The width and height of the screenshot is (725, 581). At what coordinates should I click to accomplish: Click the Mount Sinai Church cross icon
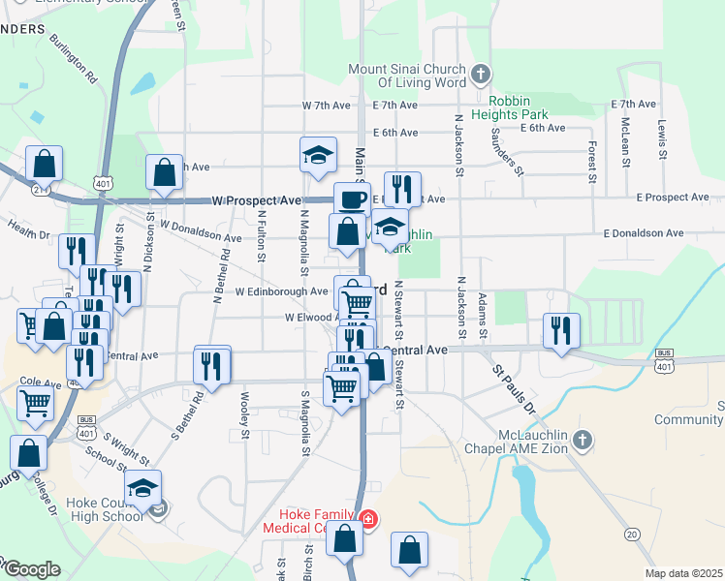480,74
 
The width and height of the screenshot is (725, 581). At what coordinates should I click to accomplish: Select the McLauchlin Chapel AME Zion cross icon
582,441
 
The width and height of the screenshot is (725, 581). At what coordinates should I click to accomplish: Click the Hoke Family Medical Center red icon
367,520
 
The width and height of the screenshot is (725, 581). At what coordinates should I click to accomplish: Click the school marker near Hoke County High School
143,487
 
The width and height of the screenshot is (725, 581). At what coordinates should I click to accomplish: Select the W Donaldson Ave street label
201,231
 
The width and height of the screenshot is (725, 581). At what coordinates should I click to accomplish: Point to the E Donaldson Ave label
643,233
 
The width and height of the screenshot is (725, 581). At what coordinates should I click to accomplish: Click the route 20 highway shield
632,534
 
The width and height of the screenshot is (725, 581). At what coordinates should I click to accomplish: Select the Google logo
31,568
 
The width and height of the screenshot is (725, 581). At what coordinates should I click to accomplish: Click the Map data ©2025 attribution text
683,573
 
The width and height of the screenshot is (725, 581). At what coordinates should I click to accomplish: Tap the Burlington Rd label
74,60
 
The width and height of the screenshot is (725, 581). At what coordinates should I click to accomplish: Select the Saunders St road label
507,152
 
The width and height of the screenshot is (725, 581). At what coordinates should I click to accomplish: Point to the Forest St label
590,160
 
